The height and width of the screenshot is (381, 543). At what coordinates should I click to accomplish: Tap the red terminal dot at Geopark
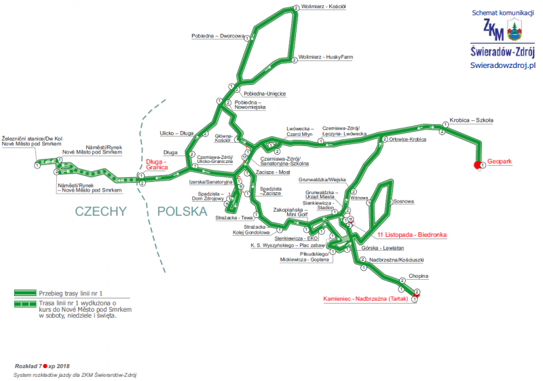(x=478, y=164)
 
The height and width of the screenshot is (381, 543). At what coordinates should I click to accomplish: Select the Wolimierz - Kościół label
(x=323, y=7)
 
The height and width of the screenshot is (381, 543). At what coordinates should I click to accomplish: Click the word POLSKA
(x=181, y=211)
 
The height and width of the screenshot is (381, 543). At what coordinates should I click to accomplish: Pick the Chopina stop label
(x=419, y=277)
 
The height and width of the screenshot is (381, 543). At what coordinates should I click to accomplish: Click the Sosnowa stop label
(x=404, y=201)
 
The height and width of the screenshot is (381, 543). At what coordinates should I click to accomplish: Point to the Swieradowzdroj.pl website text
(x=503, y=64)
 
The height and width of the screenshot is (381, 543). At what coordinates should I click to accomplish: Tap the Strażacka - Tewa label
(x=235, y=217)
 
